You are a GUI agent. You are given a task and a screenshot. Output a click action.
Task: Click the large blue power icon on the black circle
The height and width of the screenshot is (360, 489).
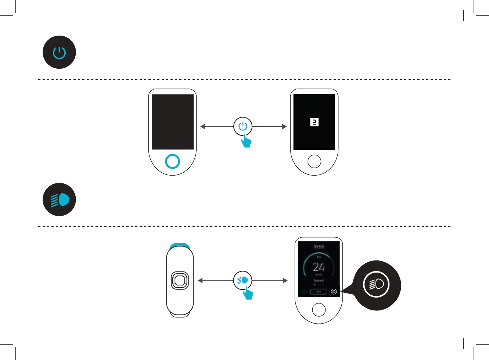coord(59,53)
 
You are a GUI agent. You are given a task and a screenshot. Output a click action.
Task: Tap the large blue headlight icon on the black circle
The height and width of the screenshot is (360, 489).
coord(60,199)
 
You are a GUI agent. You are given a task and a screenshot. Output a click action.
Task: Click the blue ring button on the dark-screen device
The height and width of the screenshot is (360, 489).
coord(172,161)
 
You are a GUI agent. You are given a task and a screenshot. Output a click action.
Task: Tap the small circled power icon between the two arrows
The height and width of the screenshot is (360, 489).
coord(243,126)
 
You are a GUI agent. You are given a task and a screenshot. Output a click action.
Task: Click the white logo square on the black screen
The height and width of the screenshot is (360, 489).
coord(314,122)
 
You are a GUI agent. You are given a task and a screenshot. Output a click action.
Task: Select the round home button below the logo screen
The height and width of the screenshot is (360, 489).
coord(314,161)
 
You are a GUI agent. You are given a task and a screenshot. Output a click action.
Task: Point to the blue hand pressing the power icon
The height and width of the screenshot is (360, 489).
coord(246,141)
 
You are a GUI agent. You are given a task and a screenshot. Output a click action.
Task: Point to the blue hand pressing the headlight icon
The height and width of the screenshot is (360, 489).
coord(248,294)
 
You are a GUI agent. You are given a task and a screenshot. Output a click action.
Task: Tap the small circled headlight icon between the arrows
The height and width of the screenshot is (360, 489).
coord(243,280)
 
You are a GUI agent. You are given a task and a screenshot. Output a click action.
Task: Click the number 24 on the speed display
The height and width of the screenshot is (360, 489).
coord(319,267)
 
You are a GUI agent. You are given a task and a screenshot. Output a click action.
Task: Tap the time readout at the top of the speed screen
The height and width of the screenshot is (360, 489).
coord(319,247)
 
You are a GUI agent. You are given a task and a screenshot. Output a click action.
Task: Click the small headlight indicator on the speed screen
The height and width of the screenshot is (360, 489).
coord(334,292)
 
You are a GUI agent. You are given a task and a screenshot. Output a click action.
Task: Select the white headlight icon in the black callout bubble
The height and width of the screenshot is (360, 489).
coord(376,284)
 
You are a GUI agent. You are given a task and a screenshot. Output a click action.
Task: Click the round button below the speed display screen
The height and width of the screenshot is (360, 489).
coord(319,310)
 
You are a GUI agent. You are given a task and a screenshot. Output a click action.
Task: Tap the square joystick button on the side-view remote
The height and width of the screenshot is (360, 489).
coord(180,281)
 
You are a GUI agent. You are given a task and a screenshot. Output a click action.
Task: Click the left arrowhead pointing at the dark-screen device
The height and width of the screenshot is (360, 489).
coord(202,126)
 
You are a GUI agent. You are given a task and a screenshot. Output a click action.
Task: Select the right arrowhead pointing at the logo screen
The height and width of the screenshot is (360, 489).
coord(284,126)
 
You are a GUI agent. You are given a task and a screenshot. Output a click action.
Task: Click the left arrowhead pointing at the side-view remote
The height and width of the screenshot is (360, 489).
coord(200,280)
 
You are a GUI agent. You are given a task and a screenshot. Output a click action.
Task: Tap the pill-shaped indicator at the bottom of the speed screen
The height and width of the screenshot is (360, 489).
coord(319,292)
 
